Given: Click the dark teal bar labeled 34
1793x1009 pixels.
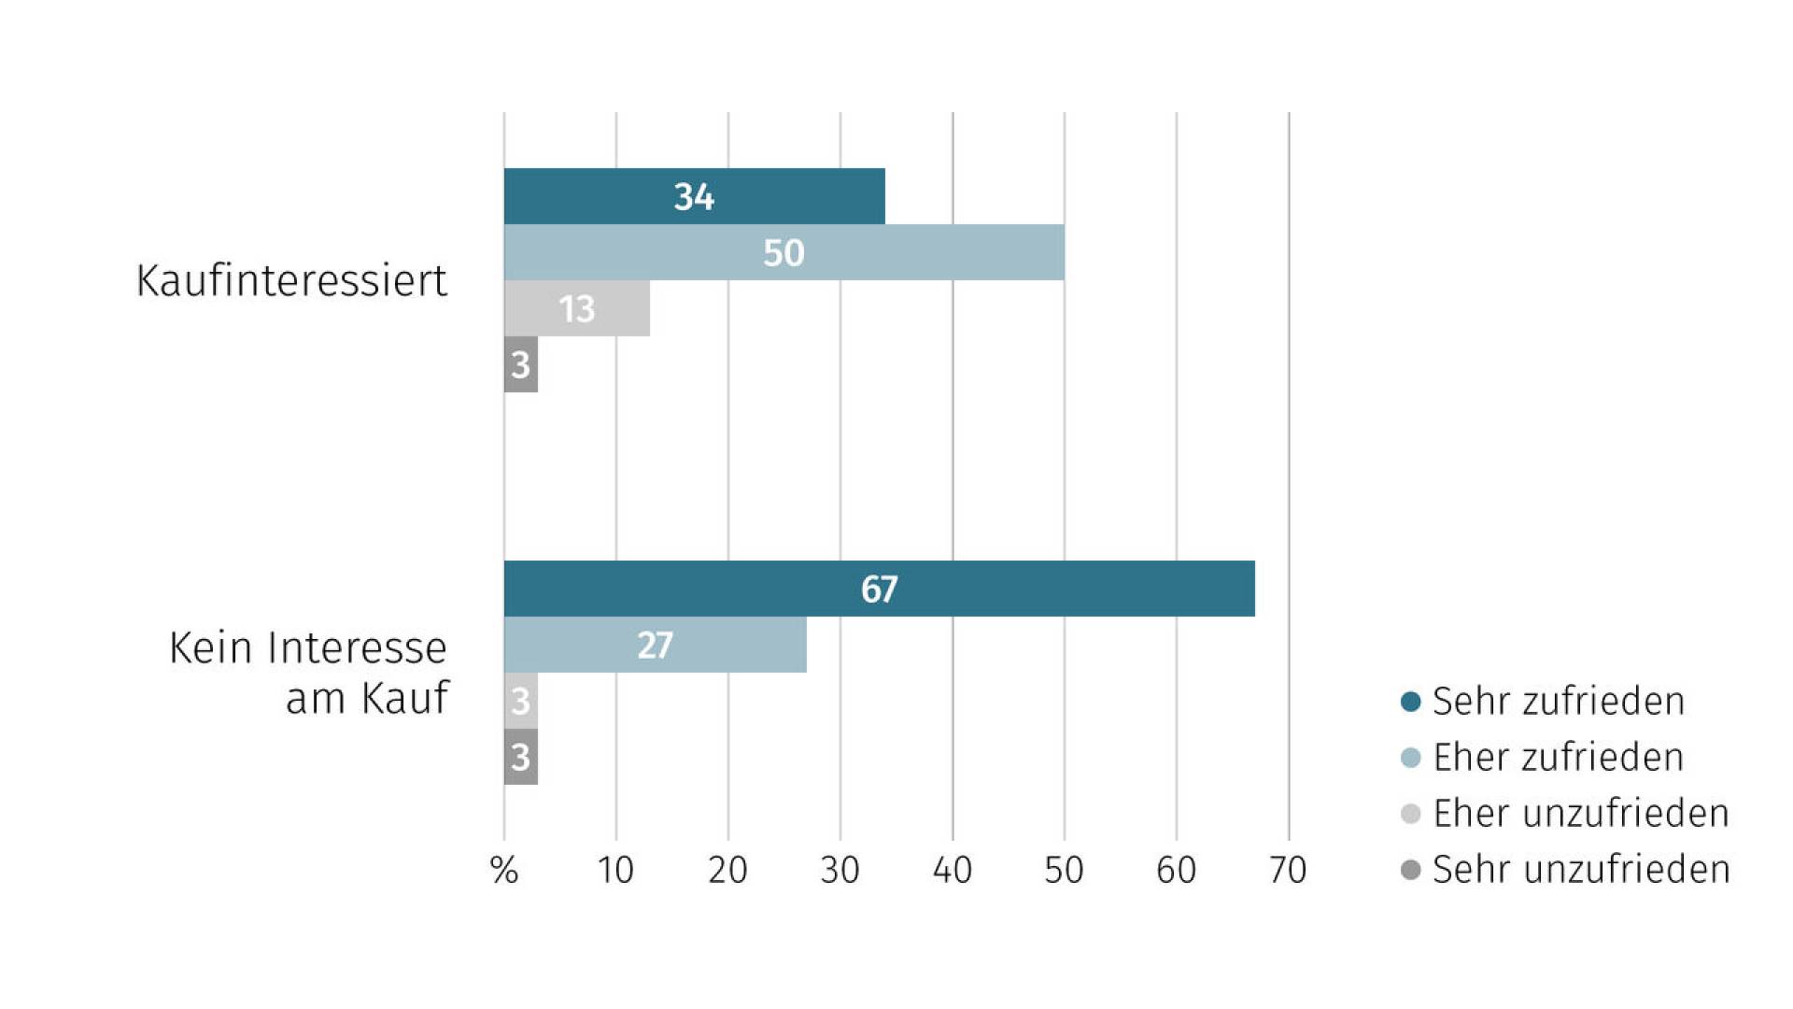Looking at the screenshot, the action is point(694,196).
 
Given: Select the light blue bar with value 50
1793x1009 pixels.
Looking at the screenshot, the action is point(784,252).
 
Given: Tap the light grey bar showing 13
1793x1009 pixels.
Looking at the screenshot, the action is point(577,308).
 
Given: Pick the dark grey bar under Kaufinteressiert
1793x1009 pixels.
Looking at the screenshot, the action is point(521,364).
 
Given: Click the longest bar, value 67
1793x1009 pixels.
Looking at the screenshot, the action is point(880,589).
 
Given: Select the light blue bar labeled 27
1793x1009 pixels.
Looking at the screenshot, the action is point(656,645).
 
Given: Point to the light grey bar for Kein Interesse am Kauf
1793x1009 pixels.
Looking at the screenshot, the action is point(521,701).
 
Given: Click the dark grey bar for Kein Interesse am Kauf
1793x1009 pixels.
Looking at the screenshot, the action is point(521,757).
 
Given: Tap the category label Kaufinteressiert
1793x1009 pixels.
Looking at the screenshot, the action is point(291,280).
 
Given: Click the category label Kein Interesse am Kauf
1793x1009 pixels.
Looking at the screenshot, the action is point(309,673).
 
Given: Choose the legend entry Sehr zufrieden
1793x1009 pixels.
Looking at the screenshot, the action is point(1543,701).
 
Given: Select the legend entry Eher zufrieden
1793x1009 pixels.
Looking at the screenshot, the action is point(1543,757).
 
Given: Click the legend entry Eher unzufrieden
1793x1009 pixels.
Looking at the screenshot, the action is point(1565,813).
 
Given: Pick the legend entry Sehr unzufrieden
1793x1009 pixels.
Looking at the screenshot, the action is point(1565,869).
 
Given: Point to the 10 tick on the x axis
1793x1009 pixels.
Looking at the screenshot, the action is point(615,870).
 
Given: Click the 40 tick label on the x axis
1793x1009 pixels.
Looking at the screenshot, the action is point(953,870).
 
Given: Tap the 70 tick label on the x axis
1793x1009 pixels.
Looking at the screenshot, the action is point(1288,870).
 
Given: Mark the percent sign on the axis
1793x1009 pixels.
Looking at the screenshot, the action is point(504,870).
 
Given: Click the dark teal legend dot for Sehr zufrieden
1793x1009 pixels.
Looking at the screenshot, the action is point(1411,701).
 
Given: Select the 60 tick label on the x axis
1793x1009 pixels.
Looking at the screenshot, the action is point(1177,870).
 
